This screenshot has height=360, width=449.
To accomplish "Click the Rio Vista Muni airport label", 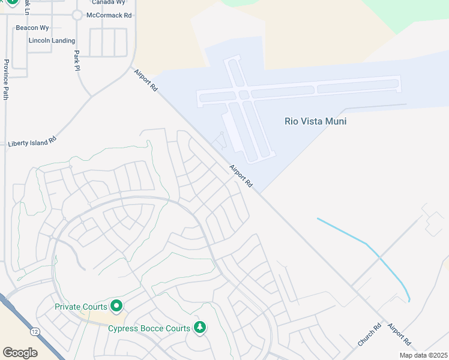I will pyautogui.click(x=315, y=121).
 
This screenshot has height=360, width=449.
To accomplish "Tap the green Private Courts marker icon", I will pyautogui.click(x=116, y=307).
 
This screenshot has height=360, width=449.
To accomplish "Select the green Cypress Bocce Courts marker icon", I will pyautogui.click(x=200, y=328).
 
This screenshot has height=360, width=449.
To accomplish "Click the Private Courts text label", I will pyautogui.click(x=80, y=307).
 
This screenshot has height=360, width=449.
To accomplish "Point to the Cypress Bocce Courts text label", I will pyautogui.click(x=149, y=328).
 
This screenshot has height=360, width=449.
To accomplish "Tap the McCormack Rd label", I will pyautogui.click(x=109, y=15).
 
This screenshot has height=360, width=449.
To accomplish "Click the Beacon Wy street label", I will pyautogui.click(x=32, y=28).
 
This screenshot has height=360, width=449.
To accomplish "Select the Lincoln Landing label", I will pyautogui.click(x=52, y=41).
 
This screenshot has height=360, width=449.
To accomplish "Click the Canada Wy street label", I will pyautogui.click(x=108, y=2).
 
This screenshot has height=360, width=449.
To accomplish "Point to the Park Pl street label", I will pyautogui.click(x=77, y=61).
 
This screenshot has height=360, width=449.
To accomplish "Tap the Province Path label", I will pyautogui.click(x=6, y=79).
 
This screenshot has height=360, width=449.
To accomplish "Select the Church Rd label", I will pyautogui.click(x=369, y=335).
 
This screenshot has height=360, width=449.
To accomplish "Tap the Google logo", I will pyautogui.click(x=20, y=352).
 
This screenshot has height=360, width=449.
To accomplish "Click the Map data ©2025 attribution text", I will pyautogui.click(x=423, y=355).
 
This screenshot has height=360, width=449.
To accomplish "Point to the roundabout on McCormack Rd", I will pyautogui.click(x=77, y=16).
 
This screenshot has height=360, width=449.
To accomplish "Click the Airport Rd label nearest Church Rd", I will pyautogui.click(x=399, y=334).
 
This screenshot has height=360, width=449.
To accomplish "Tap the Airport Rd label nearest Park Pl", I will pyautogui.click(x=146, y=80).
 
